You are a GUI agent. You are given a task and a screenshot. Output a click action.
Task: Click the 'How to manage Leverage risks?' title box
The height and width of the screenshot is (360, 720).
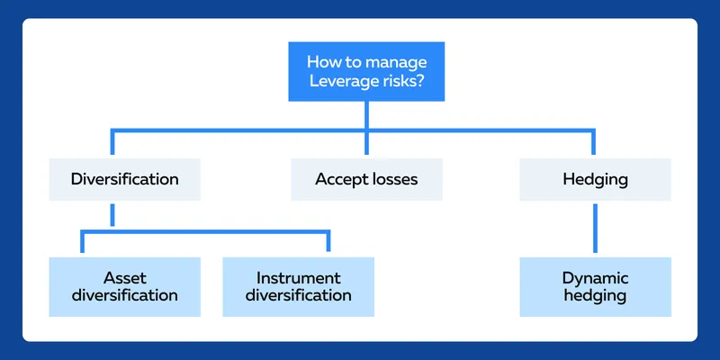point(366,71)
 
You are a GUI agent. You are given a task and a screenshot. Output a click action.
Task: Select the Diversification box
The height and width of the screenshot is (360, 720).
point(124,179)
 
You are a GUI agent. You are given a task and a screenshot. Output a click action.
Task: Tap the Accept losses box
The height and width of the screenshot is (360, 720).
point(366,179)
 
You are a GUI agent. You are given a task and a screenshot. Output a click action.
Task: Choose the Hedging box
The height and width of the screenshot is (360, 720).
point(595,179)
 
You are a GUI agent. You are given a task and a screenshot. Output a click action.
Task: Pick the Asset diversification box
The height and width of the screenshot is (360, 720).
point(124,286)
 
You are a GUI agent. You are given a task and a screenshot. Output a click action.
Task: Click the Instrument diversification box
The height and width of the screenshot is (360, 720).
point(299,286)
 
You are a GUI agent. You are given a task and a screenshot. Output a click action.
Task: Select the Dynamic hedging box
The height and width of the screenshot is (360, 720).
point(595,286)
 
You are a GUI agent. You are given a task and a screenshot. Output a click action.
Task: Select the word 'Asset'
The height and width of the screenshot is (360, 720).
point(124,278)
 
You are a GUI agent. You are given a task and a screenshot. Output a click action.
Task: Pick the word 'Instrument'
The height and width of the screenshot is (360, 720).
point(299,278)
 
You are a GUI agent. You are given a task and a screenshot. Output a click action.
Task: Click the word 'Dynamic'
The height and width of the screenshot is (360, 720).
point(595,278)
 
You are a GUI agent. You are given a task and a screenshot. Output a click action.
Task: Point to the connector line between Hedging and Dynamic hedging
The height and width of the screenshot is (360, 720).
point(595,229)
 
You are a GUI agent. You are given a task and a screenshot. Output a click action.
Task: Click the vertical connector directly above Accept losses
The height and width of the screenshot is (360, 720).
point(366,142)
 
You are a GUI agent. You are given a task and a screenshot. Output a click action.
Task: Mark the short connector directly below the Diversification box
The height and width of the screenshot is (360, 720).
point(112,215)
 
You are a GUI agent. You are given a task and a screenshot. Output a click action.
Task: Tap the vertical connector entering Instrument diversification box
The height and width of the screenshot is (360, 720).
point(328,240)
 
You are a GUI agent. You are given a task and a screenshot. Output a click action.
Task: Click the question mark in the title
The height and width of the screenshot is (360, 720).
point(418,82)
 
